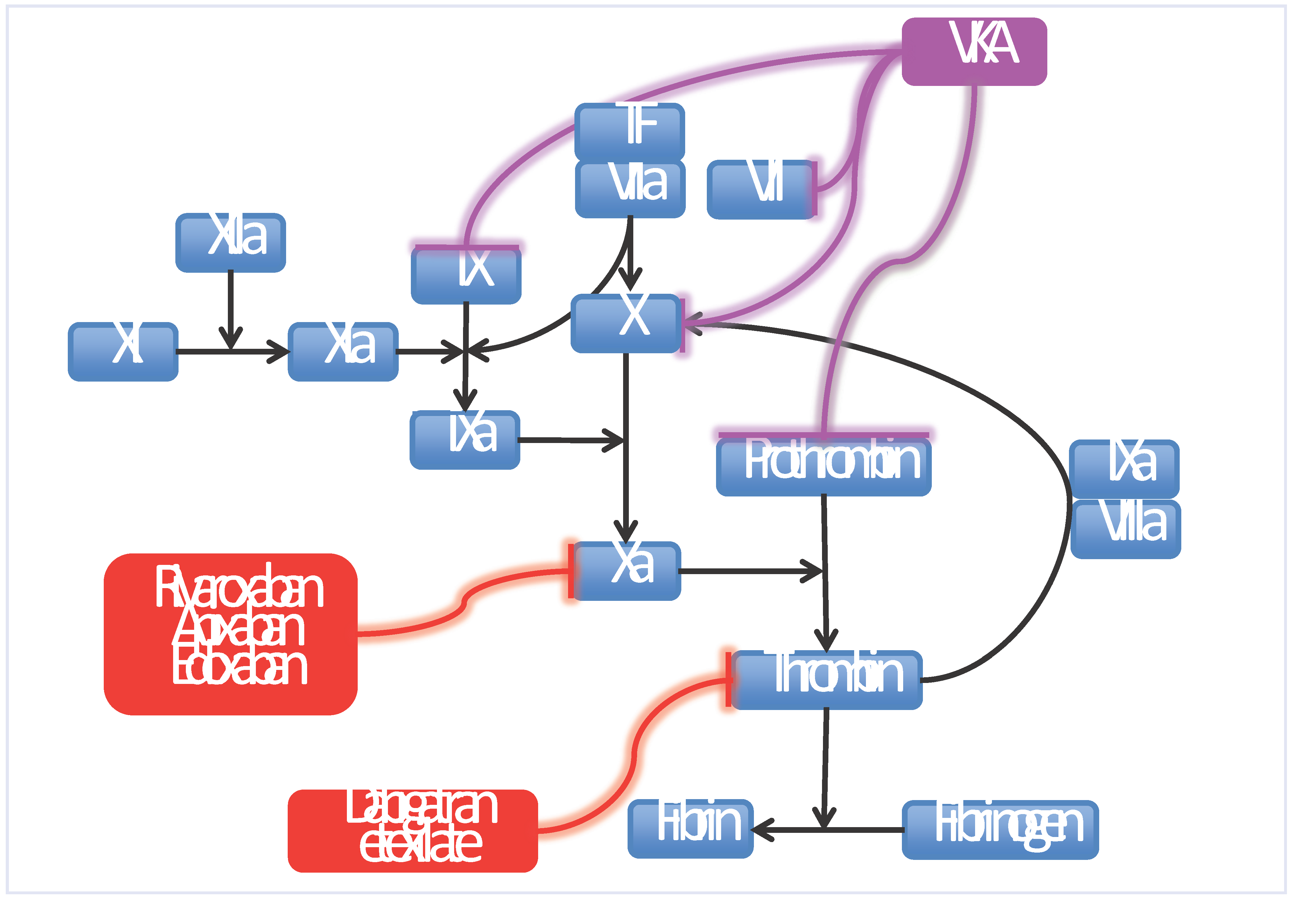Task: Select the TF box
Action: tap(629, 131)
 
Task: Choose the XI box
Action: tap(123, 351)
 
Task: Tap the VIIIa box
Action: tap(1125, 528)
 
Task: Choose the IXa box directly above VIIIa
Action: tap(1124, 468)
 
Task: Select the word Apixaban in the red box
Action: tap(239, 629)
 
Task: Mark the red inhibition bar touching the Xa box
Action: tap(571, 571)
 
